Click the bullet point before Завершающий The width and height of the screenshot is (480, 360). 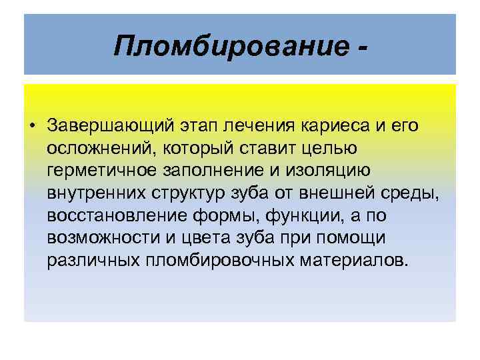coord(31,125)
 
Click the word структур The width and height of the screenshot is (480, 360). coord(189,193)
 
